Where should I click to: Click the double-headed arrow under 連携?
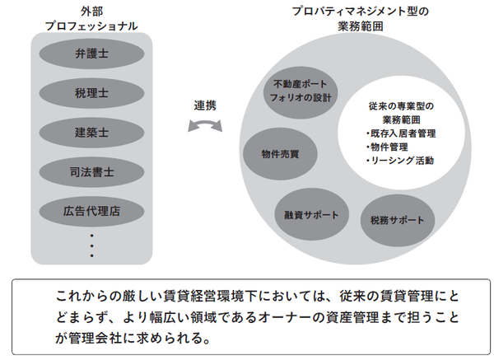click(x=206, y=126)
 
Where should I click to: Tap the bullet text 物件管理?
click(x=388, y=147)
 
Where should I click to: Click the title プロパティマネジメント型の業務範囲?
click(x=355, y=19)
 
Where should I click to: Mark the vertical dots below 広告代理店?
click(x=91, y=245)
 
